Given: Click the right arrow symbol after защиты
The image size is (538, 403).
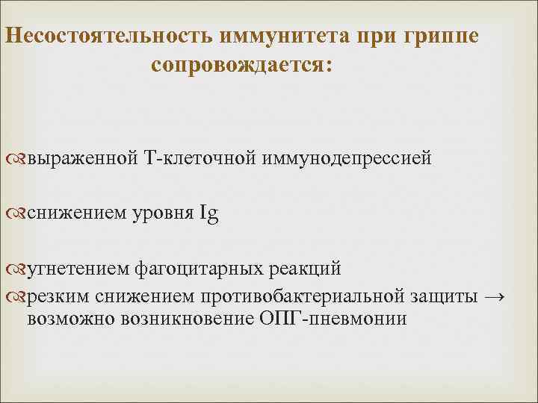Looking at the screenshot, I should (x=495, y=296).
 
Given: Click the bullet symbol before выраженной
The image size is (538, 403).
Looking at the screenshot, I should (x=18, y=158).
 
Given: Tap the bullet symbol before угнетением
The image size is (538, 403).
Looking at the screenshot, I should (x=18, y=267).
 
